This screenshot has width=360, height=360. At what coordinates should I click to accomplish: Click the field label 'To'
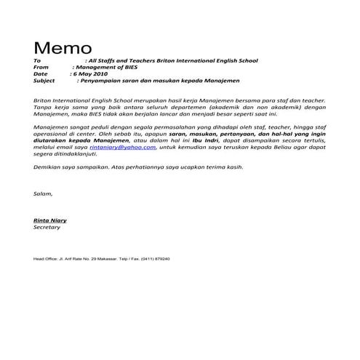click(37, 60)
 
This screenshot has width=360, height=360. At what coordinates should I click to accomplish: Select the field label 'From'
click(41, 67)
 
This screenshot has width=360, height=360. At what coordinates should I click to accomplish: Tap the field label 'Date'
click(40, 74)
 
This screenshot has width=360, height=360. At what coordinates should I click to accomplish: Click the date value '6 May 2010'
click(92, 74)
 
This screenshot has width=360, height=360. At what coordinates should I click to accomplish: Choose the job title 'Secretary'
click(47, 227)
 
